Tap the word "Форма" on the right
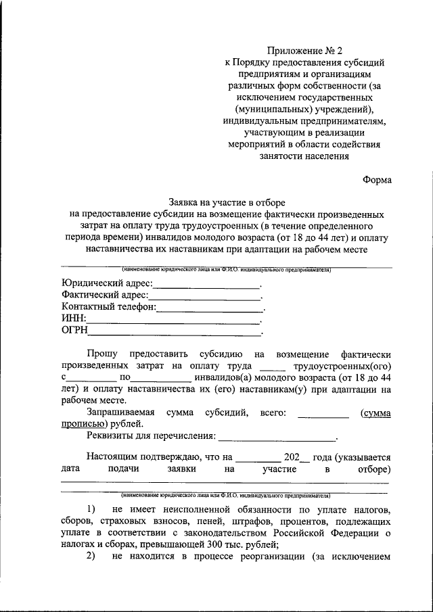376,180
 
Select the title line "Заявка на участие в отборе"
227,202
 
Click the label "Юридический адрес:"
106,283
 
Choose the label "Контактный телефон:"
108,307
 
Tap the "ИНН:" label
73,319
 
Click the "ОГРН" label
75,331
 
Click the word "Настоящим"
110,456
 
